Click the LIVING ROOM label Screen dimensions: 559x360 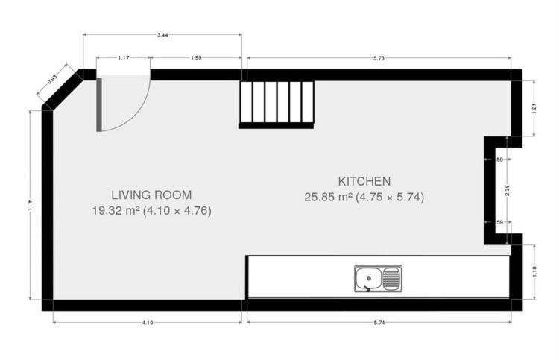151,195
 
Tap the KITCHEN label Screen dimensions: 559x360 364,181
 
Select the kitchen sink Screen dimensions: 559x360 378,279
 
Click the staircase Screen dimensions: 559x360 277,104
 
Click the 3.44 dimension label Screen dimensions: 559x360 162,35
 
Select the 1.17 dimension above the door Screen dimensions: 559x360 123,57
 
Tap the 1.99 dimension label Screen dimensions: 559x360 196,57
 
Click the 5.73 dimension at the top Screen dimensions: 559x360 379,58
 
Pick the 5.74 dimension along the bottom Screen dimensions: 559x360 379,323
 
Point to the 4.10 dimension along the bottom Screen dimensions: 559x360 148,323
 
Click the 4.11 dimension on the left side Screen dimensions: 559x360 31,205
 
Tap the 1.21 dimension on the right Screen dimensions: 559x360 534,108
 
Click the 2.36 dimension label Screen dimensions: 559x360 508,190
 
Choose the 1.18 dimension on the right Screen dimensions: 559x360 534,272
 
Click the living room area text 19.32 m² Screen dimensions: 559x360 116,211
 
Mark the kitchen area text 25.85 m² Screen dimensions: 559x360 329,197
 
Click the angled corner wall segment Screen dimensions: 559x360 63,90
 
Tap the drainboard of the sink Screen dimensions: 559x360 391,278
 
